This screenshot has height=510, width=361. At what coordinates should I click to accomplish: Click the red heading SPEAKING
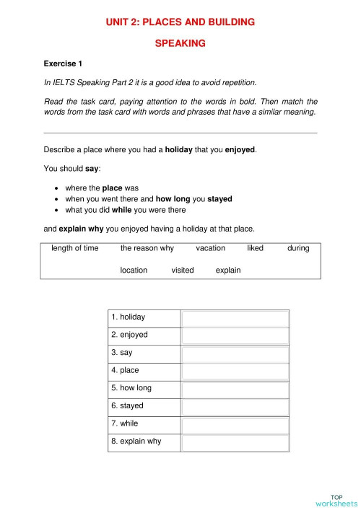180,43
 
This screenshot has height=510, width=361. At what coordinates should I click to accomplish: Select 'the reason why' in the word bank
147,248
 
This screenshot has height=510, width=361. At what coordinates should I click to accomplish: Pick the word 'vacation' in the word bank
210,248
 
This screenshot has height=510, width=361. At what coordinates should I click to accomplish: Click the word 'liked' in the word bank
256,248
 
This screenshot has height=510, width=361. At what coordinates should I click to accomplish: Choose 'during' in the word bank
298,248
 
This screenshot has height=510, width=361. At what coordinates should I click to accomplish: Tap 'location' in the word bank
134,271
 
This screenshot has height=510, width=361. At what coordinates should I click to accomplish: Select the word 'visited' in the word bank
183,271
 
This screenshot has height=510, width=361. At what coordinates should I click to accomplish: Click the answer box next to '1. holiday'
235,318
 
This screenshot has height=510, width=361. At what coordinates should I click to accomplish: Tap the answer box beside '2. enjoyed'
235,335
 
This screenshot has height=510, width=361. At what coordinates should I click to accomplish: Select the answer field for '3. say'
235,353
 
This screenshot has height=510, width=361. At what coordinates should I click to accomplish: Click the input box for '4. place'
235,371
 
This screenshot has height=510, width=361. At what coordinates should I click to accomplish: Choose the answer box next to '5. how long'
235,389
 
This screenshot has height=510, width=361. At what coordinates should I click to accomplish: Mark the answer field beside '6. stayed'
235,406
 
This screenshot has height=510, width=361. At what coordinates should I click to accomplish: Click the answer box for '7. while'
235,424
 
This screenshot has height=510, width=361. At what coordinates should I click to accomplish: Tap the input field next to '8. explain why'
235,441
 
